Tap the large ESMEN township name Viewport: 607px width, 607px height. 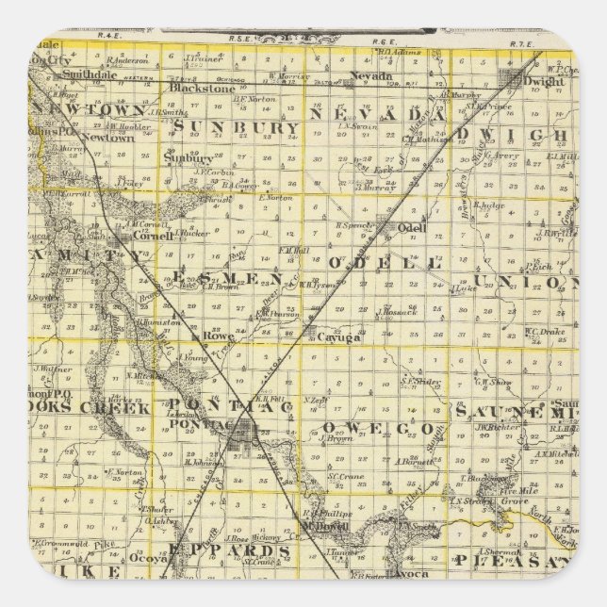coord(231,275)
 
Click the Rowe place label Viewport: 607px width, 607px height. coord(218,334)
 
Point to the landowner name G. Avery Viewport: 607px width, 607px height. coord(505,156)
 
